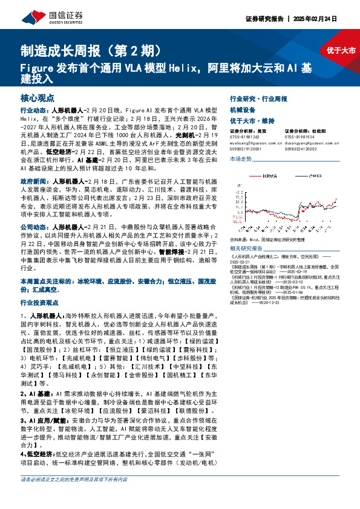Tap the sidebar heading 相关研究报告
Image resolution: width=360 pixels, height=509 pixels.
point(246,248)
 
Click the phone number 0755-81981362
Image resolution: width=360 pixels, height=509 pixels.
point(245,136)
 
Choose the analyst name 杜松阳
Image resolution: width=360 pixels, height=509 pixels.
point(318,131)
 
